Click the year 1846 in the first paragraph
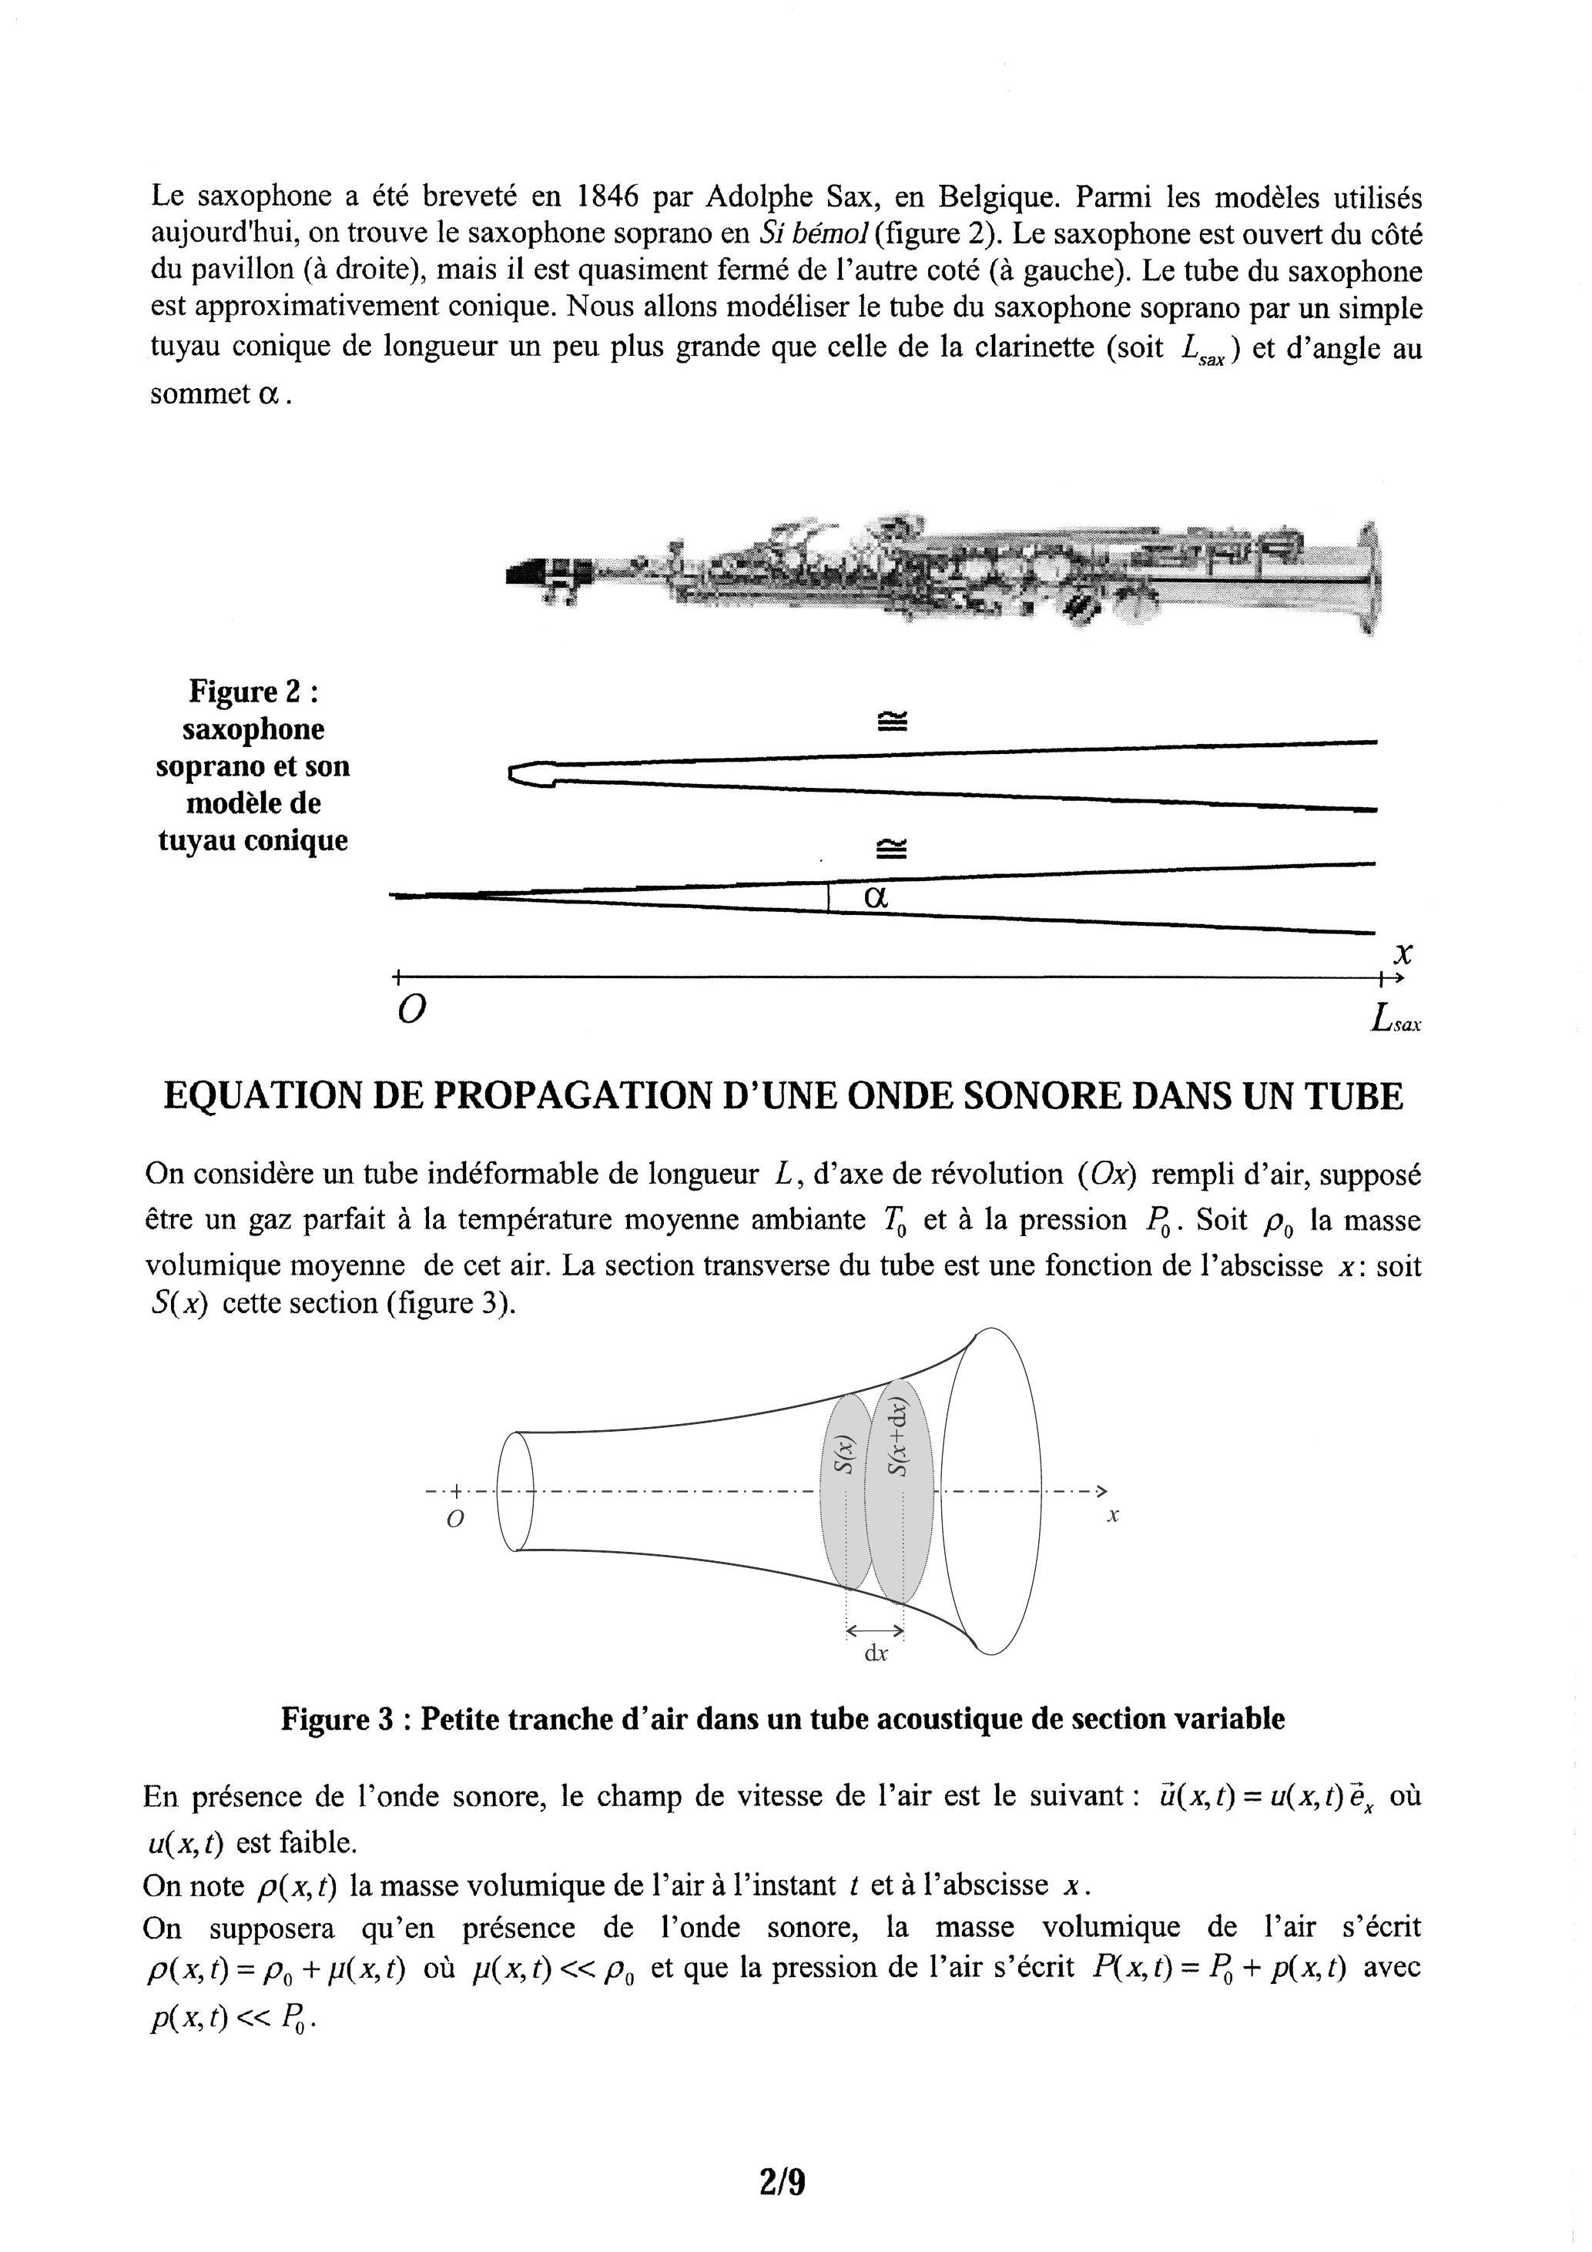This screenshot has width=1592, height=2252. [608, 197]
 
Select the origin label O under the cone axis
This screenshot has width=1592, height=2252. [412, 1010]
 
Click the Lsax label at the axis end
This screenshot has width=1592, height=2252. [1396, 1021]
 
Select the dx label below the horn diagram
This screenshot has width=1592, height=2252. [875, 1654]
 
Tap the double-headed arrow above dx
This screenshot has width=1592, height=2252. [874, 1630]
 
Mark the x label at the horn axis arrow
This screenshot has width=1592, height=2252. [1113, 1516]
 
